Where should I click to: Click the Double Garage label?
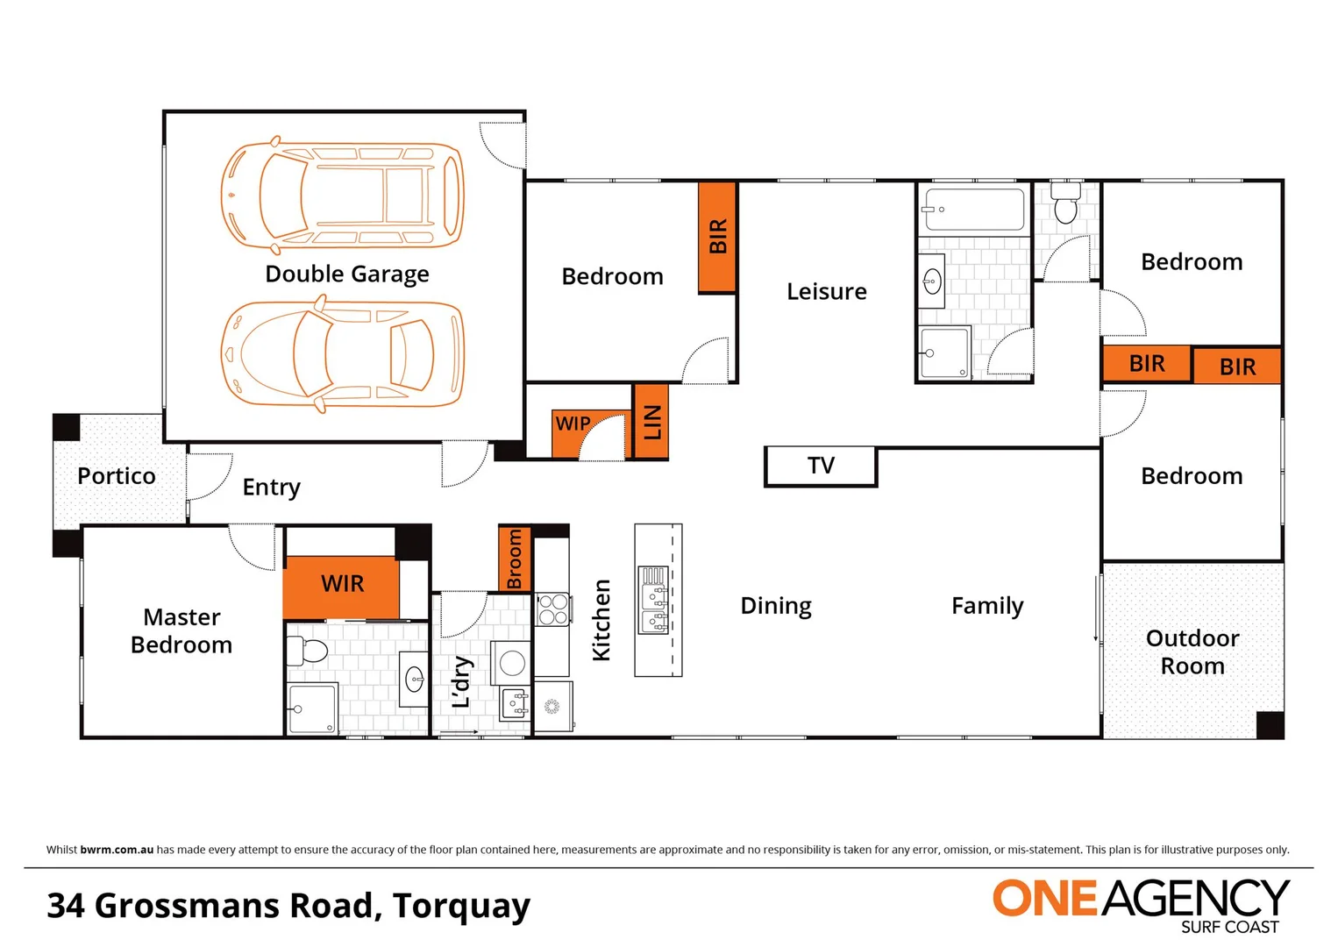[x=347, y=274]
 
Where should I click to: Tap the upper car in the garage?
[x=342, y=193]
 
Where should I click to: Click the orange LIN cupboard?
[x=651, y=422]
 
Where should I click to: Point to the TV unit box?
[x=821, y=466]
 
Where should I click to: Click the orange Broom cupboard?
[x=515, y=558]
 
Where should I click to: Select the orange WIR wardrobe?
[x=341, y=585]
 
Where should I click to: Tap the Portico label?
[x=117, y=476]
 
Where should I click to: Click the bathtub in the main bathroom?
[x=973, y=210]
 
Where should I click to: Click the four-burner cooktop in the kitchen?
[x=552, y=609]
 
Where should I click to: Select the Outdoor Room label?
[x=1192, y=652]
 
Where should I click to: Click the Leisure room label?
[x=826, y=292]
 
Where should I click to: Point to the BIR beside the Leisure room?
[x=717, y=237]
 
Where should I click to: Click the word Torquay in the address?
[x=461, y=906]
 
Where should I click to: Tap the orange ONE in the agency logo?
[x=1044, y=899]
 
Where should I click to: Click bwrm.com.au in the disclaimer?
[x=117, y=850]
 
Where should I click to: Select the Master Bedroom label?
[x=181, y=631]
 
